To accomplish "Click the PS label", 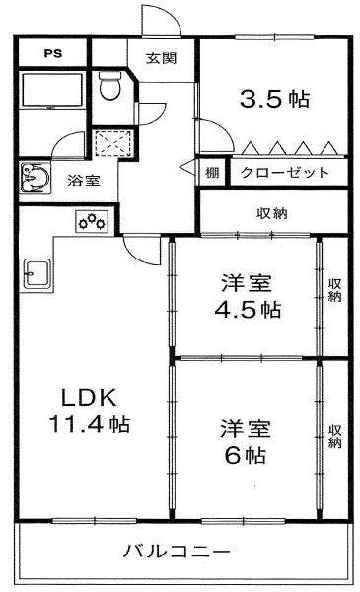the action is tap(53, 53).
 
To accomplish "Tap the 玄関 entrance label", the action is tap(161, 58).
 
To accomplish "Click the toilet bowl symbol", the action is tap(110, 86).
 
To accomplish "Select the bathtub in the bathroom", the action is tap(52, 90).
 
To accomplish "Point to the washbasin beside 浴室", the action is tap(36, 179).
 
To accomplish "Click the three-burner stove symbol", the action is tap(92, 222).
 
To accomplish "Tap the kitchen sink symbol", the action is tap(36, 273).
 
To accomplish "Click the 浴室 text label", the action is tap(84, 181).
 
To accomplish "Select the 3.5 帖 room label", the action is tap(275, 99).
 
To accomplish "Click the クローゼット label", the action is tap(285, 173).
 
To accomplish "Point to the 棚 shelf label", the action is tap(212, 173).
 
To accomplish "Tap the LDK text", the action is tap(89, 398).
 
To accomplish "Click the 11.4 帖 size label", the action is tap(90, 424).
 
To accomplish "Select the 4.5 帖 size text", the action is tap(248, 310).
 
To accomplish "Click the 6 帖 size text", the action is tap(246, 455).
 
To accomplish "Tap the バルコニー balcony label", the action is tap(177, 552).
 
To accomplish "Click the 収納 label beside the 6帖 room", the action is tap(334, 436).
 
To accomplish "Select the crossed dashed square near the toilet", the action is tap(112, 143).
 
